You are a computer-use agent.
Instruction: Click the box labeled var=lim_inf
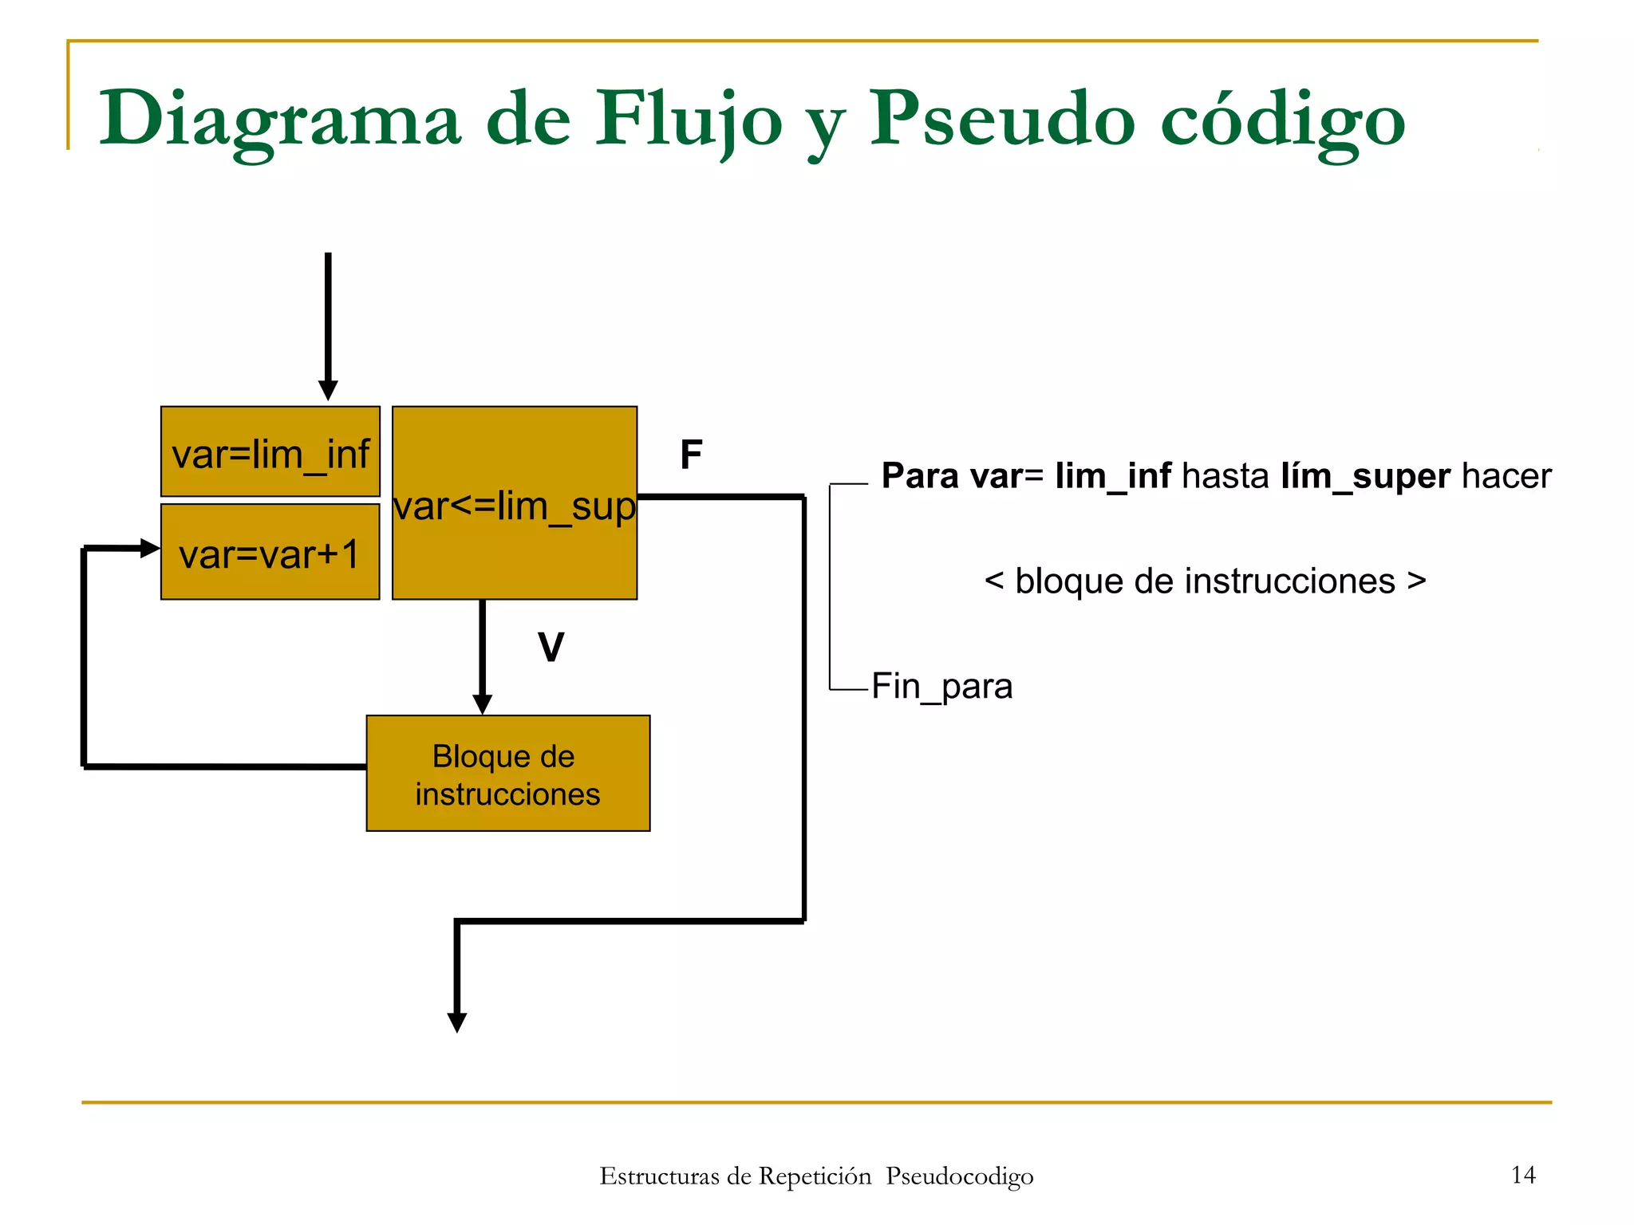click(270, 452)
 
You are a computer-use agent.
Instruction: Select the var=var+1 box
click(270, 552)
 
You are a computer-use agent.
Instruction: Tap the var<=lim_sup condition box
click(515, 503)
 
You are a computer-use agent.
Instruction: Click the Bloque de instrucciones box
click(508, 774)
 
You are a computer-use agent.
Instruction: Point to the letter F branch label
click(691, 455)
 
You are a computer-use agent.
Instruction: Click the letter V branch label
click(551, 647)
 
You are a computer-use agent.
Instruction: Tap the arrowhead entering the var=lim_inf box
click(328, 390)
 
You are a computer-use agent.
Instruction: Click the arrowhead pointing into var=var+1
click(149, 548)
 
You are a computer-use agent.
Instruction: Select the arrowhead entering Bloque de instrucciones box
click(482, 704)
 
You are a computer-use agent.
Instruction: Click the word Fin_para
click(941, 686)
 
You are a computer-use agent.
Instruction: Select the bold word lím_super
click(1365, 476)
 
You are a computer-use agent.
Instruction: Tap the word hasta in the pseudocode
click(1225, 476)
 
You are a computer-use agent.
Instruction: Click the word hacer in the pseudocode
click(1506, 476)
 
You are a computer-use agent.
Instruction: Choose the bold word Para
click(920, 476)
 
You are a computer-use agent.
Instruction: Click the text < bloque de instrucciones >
click(1205, 581)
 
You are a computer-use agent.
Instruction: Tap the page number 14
click(1523, 1175)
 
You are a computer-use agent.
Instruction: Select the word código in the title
click(1282, 120)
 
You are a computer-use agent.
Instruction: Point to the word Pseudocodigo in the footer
click(959, 1176)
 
